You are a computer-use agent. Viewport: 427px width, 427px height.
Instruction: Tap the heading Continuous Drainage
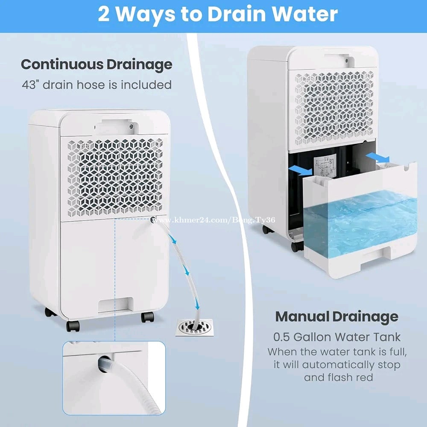click(97, 65)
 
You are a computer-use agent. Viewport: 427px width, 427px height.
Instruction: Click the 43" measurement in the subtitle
click(29, 85)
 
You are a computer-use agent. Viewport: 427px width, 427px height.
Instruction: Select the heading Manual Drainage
click(337, 317)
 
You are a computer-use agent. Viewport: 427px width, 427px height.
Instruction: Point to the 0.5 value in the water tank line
click(281, 337)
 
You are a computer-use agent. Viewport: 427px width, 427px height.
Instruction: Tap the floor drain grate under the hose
click(194, 327)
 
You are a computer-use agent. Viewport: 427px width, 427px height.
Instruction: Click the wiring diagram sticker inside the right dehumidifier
click(325, 166)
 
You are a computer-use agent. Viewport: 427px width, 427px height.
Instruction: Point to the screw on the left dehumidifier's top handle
click(132, 126)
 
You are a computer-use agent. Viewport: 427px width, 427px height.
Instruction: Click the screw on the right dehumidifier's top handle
click(346, 61)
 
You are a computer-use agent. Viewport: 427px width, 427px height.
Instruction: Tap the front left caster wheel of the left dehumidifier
click(73, 326)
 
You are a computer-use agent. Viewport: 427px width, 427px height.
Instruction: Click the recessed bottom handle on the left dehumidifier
click(115, 305)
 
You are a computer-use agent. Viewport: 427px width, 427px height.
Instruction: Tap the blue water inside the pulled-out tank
click(360, 223)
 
